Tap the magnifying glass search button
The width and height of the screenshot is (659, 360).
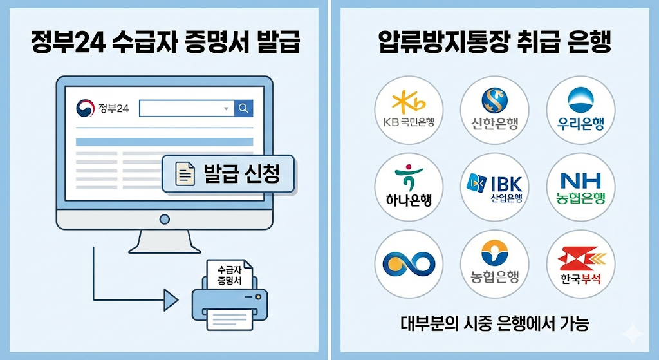pyautogui.click(x=243, y=108)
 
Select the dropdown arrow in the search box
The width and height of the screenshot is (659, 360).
pyautogui.click(x=226, y=109)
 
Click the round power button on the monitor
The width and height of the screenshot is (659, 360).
pyautogui.click(x=164, y=219)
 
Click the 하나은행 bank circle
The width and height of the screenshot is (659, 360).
pyautogui.click(x=408, y=187)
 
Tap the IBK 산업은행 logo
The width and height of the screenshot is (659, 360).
pyautogui.click(x=494, y=185)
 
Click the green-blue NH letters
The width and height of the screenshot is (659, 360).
pyautogui.click(x=580, y=180)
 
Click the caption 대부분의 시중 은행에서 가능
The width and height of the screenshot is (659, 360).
pyautogui.click(x=494, y=323)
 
